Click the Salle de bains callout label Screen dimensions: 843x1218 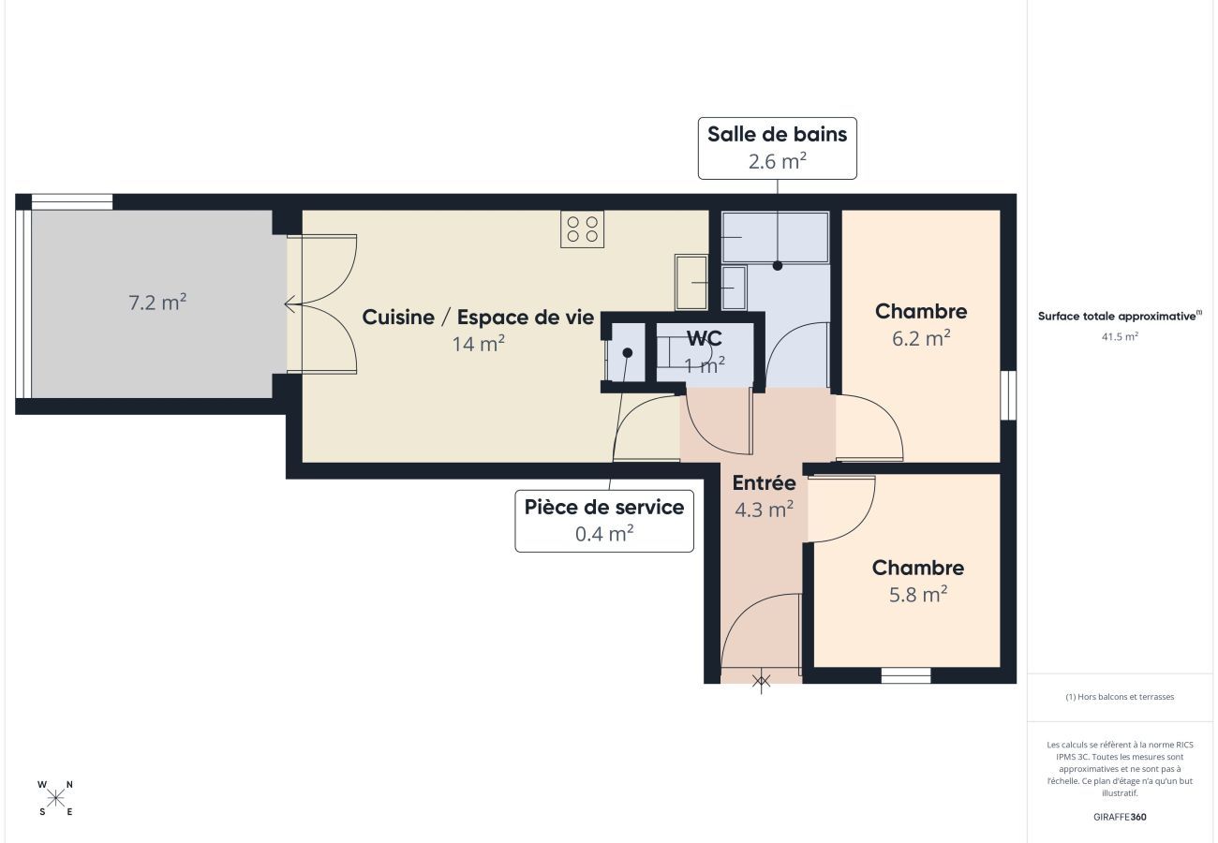(777, 147)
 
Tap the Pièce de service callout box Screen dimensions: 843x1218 (604, 520)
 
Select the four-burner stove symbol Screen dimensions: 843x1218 (582, 229)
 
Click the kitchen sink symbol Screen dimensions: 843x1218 (691, 281)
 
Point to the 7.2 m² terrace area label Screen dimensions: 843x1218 (157, 303)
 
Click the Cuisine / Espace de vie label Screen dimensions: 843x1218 (478, 318)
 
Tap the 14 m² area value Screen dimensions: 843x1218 (478, 344)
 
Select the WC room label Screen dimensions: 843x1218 (704, 338)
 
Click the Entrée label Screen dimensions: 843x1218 (764, 483)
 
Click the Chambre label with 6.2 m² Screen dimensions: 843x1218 (921, 312)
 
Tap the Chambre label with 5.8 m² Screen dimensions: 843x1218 (918, 568)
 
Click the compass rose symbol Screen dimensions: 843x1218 (56, 798)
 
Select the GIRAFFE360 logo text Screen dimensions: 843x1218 (1120, 817)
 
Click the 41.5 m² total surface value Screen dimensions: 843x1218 (1120, 335)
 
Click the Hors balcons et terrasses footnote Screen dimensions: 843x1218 (1120, 697)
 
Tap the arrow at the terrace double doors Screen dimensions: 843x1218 (291, 303)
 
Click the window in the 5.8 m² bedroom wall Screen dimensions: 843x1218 (906, 675)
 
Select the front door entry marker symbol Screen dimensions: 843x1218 (762, 681)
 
